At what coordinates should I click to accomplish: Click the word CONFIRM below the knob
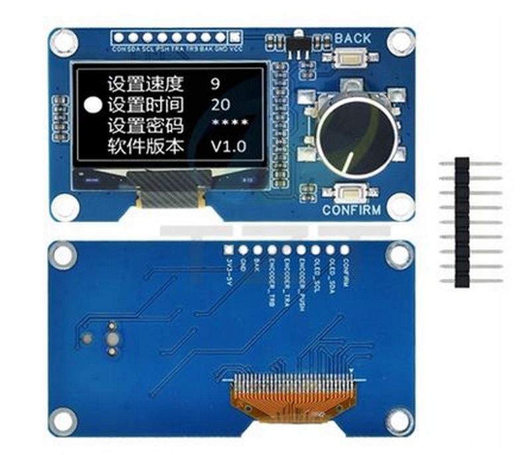[x=351, y=211]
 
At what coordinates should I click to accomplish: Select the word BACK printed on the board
[x=352, y=38]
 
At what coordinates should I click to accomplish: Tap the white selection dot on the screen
[x=94, y=105]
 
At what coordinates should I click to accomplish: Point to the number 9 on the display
[x=214, y=84]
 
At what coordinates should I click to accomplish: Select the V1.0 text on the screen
[x=228, y=147]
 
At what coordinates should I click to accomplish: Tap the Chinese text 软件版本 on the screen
[x=145, y=147]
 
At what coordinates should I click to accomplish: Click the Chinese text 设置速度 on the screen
[x=145, y=84]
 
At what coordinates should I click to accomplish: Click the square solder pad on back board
[x=228, y=250]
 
